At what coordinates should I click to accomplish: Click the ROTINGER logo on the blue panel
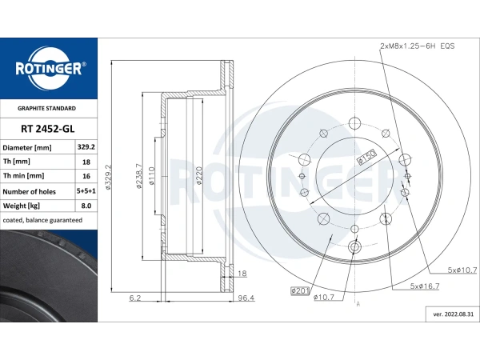[x=49, y=69]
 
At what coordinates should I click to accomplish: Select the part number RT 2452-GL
[x=48, y=129]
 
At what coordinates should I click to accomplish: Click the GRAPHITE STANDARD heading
[x=46, y=108]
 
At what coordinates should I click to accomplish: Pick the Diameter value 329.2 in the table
[x=86, y=147]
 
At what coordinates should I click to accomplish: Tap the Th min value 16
[x=86, y=176]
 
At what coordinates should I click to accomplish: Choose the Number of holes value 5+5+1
[x=86, y=191]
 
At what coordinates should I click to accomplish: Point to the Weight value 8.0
[x=86, y=206]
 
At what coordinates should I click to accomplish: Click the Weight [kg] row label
[x=21, y=206]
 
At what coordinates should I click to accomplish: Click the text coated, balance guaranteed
[x=42, y=220]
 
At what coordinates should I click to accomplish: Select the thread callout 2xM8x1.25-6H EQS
[x=418, y=46]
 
